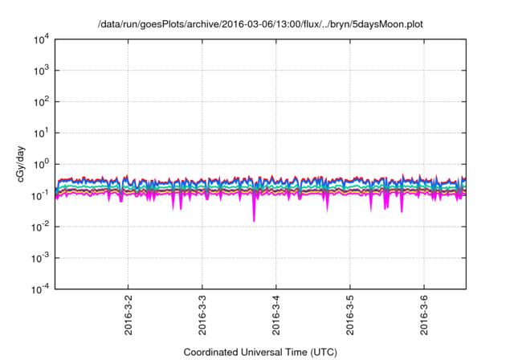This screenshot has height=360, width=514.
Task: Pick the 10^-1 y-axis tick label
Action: point(41,195)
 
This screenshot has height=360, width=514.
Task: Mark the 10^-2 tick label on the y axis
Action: point(41,227)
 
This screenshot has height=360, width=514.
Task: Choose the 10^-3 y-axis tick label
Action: point(41,258)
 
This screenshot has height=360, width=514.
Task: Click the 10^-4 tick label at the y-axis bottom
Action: point(41,289)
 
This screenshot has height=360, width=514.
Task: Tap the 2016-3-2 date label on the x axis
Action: point(128,316)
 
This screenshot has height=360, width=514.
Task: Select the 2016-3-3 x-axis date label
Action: point(202,316)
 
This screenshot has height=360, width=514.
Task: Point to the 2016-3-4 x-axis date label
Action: point(276,316)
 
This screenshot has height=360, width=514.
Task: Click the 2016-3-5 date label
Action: point(350,316)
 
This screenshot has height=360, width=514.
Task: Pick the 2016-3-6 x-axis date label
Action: point(424,316)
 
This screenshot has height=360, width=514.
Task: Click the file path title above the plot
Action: point(259,25)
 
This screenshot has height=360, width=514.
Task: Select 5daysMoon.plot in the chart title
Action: point(386,25)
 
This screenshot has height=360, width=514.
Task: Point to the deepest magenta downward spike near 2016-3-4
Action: point(255,220)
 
